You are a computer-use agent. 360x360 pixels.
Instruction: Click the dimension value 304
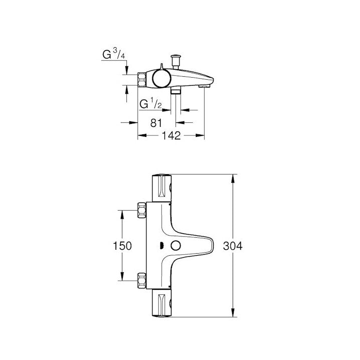(x=233, y=246)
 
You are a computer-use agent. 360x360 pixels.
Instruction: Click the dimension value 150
(x=122, y=246)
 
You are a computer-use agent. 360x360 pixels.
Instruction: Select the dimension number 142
(x=171, y=136)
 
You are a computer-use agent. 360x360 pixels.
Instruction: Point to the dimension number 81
(x=156, y=123)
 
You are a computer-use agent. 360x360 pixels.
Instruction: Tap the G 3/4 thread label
(x=114, y=54)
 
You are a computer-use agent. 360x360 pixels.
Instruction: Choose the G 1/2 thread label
(x=150, y=103)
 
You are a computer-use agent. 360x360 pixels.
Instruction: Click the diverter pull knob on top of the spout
(x=176, y=61)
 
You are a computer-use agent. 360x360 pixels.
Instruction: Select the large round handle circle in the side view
(x=161, y=78)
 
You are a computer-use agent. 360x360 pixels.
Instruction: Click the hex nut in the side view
(x=142, y=80)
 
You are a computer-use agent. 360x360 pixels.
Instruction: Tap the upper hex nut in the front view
(x=142, y=210)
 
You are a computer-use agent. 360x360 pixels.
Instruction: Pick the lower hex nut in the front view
(x=142, y=281)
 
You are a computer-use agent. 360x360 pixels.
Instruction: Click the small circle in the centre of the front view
(x=175, y=246)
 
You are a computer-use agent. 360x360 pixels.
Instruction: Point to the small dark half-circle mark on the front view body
(x=161, y=246)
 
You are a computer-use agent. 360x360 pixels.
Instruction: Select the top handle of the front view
(x=162, y=189)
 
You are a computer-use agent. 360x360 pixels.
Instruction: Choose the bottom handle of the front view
(x=162, y=303)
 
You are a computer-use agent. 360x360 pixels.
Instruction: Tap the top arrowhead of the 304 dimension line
(x=233, y=178)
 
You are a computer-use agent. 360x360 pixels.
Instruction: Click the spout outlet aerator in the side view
(x=204, y=86)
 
